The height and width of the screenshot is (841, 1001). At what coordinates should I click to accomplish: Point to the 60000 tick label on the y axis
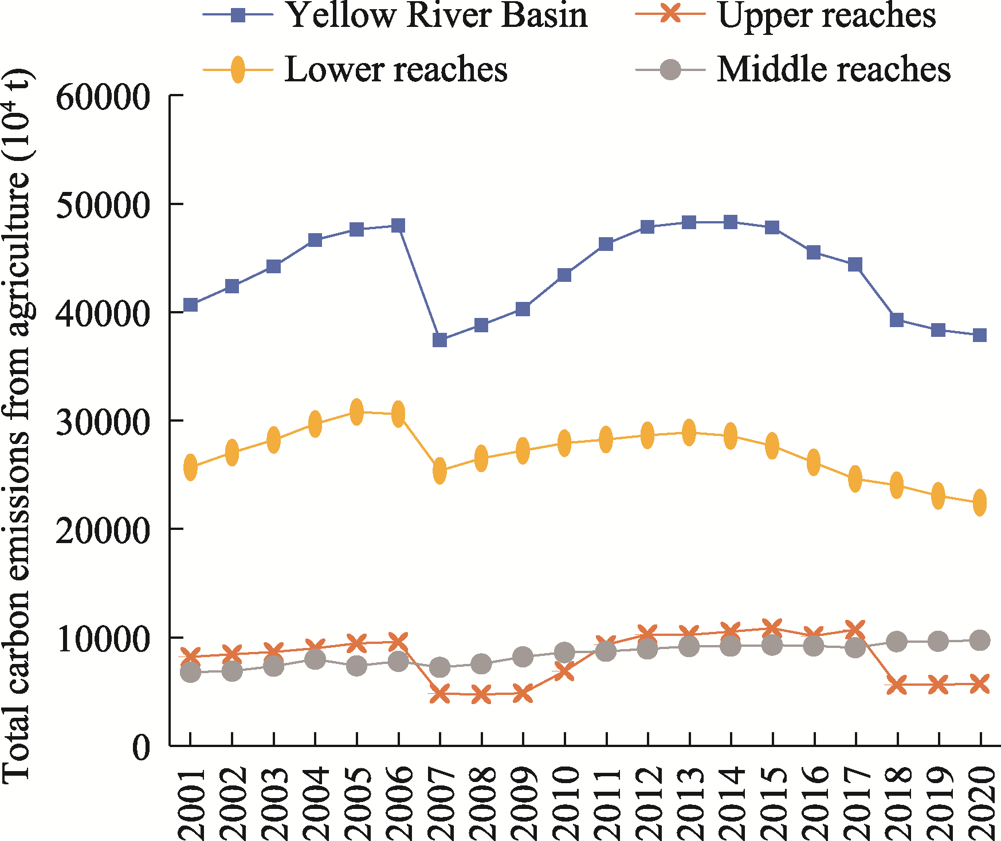(x=103, y=96)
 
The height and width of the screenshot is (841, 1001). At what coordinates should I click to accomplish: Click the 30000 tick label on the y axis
(x=103, y=422)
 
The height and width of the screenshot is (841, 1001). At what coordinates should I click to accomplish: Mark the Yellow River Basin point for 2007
(x=439, y=340)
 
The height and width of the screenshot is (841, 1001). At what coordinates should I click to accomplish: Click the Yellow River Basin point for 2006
(x=398, y=225)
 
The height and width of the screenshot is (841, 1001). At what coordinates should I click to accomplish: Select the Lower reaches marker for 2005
(x=356, y=411)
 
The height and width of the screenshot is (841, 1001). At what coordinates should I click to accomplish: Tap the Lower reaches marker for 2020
(x=980, y=502)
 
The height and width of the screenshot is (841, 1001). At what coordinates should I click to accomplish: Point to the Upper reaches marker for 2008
(x=481, y=695)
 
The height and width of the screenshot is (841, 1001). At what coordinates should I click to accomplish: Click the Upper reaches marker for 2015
(x=772, y=627)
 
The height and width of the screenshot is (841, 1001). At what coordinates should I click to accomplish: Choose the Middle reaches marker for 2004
(x=315, y=659)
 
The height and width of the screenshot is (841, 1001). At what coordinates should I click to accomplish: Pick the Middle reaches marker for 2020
(x=980, y=640)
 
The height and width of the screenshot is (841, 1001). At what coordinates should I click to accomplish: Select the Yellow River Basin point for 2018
(x=897, y=320)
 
